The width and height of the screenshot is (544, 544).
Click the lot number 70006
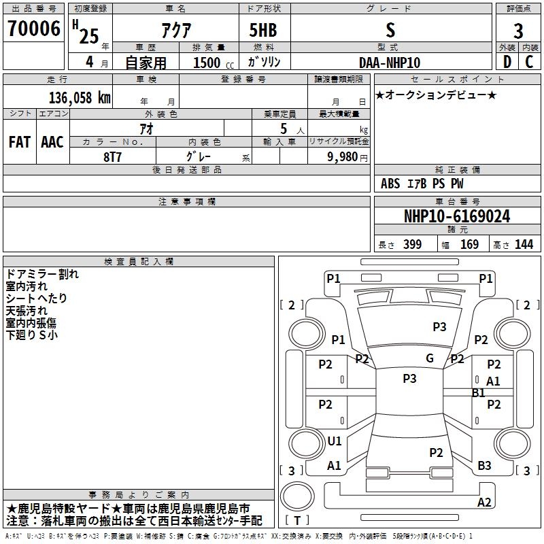click(x=34, y=29)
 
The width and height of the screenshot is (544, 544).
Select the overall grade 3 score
click(x=518, y=31)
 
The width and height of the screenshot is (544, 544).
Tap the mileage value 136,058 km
click(x=80, y=98)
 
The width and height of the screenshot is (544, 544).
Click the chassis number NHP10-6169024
click(x=457, y=216)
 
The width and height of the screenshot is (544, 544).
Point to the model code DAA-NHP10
click(x=390, y=63)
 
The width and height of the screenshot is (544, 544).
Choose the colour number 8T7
click(x=112, y=157)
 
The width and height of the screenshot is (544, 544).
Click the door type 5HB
click(x=263, y=30)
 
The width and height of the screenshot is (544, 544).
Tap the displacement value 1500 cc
click(x=214, y=63)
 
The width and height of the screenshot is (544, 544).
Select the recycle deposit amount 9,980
click(x=343, y=157)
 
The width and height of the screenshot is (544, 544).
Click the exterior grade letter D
click(x=507, y=62)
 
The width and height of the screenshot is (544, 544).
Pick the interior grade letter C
click(x=529, y=62)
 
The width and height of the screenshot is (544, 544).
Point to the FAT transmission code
click(x=20, y=142)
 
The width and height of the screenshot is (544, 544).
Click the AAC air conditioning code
click(x=52, y=142)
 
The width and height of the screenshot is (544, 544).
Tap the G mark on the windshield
click(x=430, y=358)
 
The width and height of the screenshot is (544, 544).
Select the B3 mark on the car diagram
click(x=484, y=465)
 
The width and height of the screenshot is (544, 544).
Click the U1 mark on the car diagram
click(x=335, y=441)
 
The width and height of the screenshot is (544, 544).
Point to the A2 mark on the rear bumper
click(x=484, y=502)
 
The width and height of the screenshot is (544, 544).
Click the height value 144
click(x=524, y=244)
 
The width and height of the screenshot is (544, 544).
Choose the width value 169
click(x=469, y=244)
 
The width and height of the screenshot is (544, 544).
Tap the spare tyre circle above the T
click(x=297, y=482)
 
